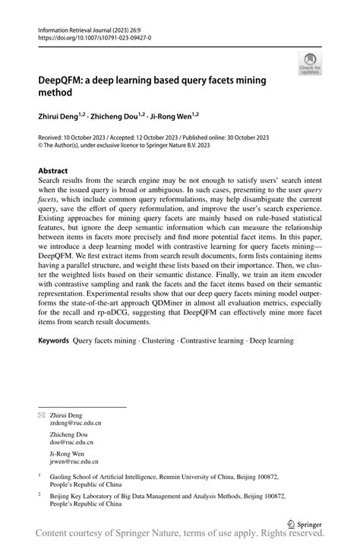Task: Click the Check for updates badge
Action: click(x=309, y=64)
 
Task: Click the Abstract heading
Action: click(x=53, y=171)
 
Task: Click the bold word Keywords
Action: click(x=54, y=341)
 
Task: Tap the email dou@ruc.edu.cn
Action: click(x=71, y=441)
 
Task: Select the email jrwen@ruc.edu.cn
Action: click(x=74, y=460)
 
